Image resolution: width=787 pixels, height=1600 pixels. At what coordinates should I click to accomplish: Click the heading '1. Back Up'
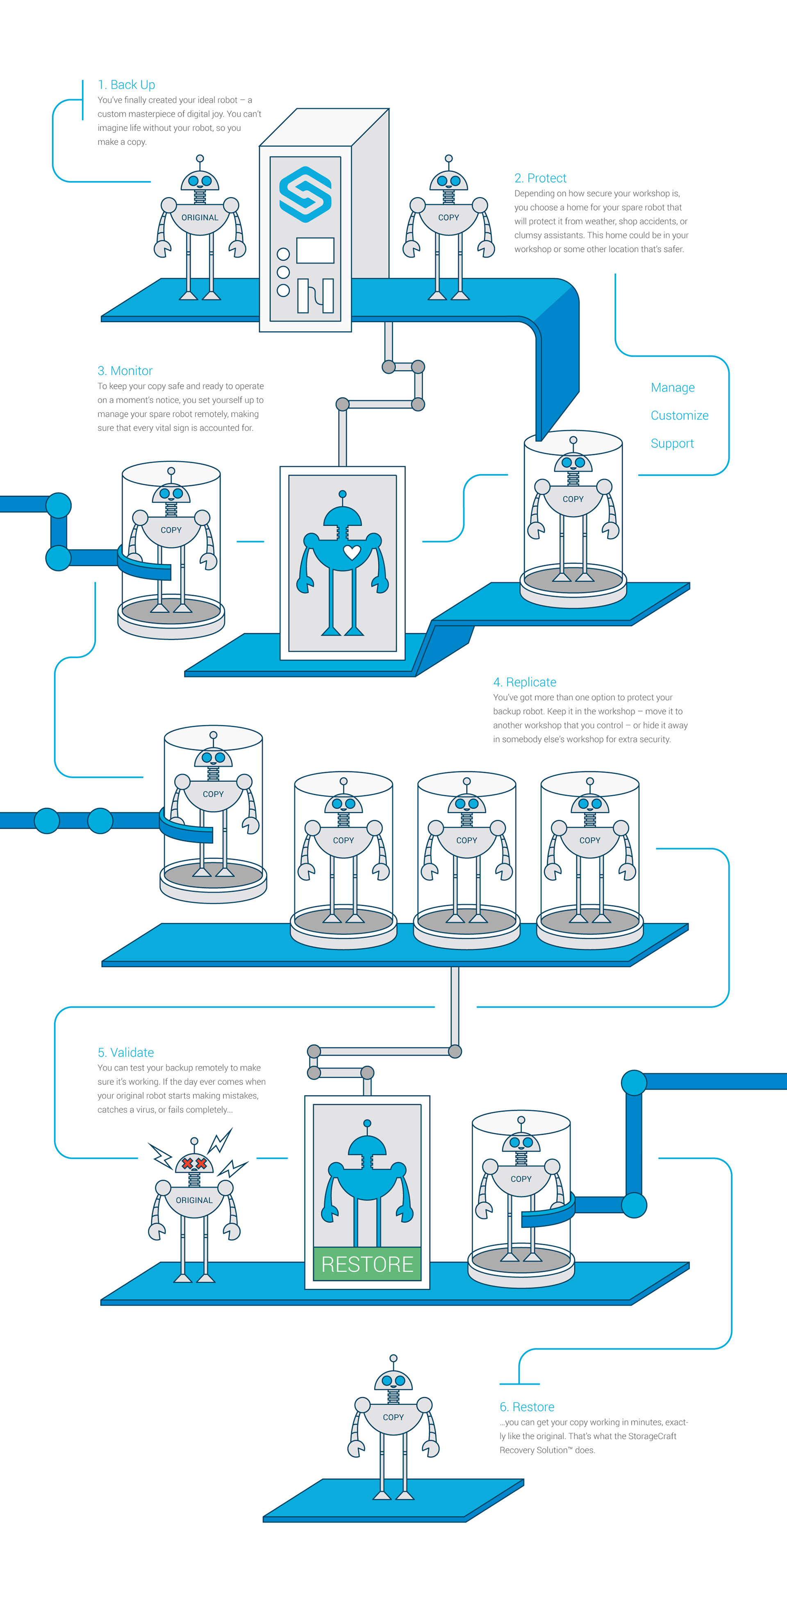(126, 84)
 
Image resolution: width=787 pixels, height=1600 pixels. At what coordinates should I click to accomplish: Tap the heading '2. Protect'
(540, 178)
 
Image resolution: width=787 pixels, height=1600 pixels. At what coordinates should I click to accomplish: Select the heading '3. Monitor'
(125, 371)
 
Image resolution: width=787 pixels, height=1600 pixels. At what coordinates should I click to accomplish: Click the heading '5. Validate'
(125, 1052)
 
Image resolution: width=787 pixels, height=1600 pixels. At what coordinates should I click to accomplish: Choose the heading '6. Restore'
(527, 1407)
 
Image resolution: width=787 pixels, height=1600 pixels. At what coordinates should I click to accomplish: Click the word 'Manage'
(672, 388)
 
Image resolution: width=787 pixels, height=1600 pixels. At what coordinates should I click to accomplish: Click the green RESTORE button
(367, 1264)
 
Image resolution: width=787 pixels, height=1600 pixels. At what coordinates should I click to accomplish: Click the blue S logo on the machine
(305, 194)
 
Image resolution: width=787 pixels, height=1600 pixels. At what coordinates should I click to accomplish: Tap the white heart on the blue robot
(352, 552)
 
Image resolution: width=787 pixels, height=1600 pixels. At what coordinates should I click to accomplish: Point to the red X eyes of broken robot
(194, 1164)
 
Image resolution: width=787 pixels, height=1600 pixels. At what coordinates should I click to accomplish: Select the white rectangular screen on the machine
(315, 250)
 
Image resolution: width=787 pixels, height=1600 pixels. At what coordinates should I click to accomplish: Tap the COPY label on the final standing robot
(393, 1417)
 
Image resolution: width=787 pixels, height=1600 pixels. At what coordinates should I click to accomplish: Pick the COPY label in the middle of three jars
(466, 841)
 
